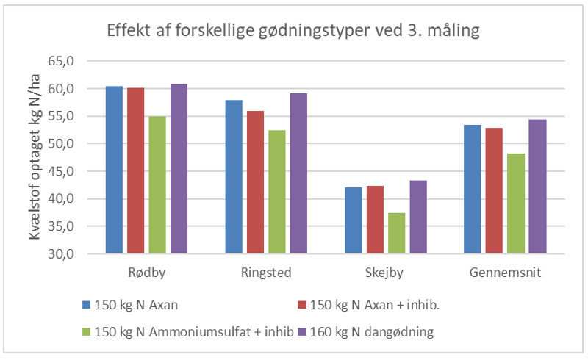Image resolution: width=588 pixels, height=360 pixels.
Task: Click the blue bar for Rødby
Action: [114, 170]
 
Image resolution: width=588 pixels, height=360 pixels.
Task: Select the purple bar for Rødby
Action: [179, 169]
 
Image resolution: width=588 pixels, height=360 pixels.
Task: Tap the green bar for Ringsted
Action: [277, 192]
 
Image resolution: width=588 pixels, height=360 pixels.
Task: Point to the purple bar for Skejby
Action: [418, 217]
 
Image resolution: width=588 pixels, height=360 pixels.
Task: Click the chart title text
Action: [293, 32]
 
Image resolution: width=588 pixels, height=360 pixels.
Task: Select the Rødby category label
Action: [146, 273]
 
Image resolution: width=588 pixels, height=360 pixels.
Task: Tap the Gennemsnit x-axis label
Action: [506, 273]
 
